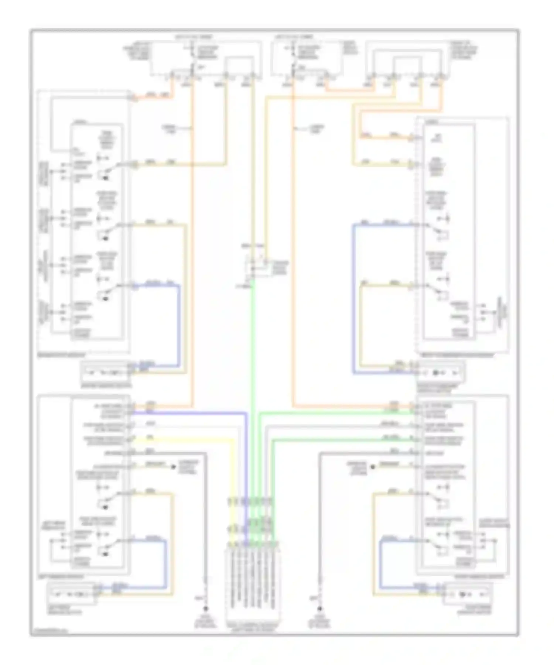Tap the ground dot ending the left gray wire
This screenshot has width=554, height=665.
click(x=206, y=609)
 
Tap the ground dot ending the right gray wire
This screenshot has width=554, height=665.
click(x=320, y=609)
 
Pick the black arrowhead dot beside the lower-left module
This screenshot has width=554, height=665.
click(x=173, y=467)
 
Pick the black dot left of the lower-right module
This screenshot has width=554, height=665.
click(x=373, y=467)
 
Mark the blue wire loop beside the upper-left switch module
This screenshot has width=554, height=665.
click(x=179, y=325)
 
